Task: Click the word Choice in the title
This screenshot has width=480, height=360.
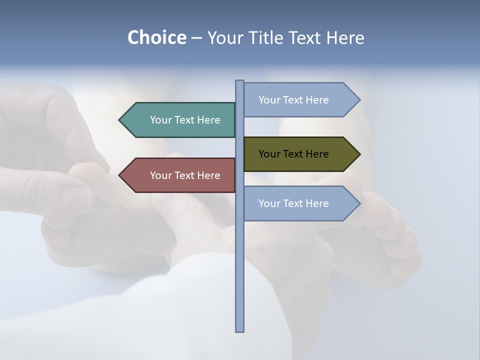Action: pyautogui.click(x=156, y=37)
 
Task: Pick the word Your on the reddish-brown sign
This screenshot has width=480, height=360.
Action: pyautogui.click(x=160, y=175)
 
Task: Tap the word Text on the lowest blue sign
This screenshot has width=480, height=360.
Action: pyautogui.click(x=293, y=203)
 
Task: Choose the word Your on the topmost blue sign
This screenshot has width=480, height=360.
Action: pyautogui.click(x=269, y=100)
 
